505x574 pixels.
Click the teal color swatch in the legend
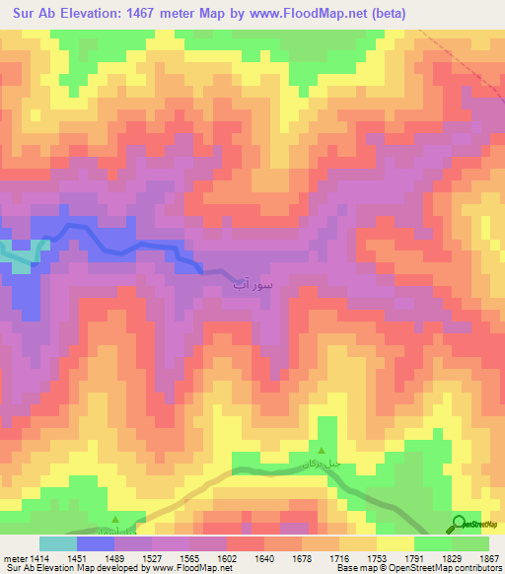tap(58, 542)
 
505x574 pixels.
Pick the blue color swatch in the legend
tap(95, 542)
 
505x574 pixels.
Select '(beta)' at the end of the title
tap(388, 12)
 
